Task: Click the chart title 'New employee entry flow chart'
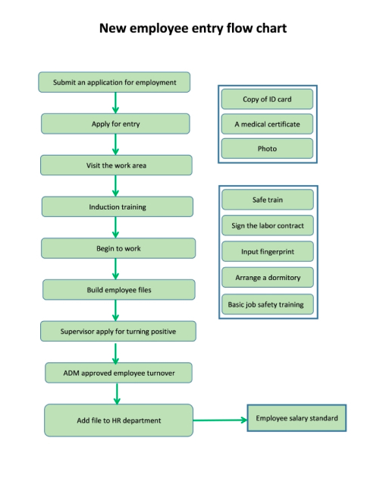coord(193,29)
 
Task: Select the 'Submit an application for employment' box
coord(115,82)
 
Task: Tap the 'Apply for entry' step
coord(115,124)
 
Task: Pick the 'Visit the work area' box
coord(116,165)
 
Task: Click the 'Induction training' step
coord(117,206)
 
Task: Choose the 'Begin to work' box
coord(118,248)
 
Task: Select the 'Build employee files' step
coord(118,289)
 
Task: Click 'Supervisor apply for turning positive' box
coord(118,331)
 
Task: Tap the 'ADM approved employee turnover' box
coord(118,373)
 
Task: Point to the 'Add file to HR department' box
coord(118,420)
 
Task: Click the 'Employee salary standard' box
coord(297,418)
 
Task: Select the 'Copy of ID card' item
coord(267,99)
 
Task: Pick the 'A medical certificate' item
coord(267,124)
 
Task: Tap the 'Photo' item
coord(267,149)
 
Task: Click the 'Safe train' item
coord(268,200)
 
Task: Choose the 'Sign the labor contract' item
coord(268,225)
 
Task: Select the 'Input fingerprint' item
coord(268,251)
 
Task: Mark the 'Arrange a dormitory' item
coord(268,277)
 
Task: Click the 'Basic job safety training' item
coord(268,304)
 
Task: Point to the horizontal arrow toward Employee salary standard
coord(220,420)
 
